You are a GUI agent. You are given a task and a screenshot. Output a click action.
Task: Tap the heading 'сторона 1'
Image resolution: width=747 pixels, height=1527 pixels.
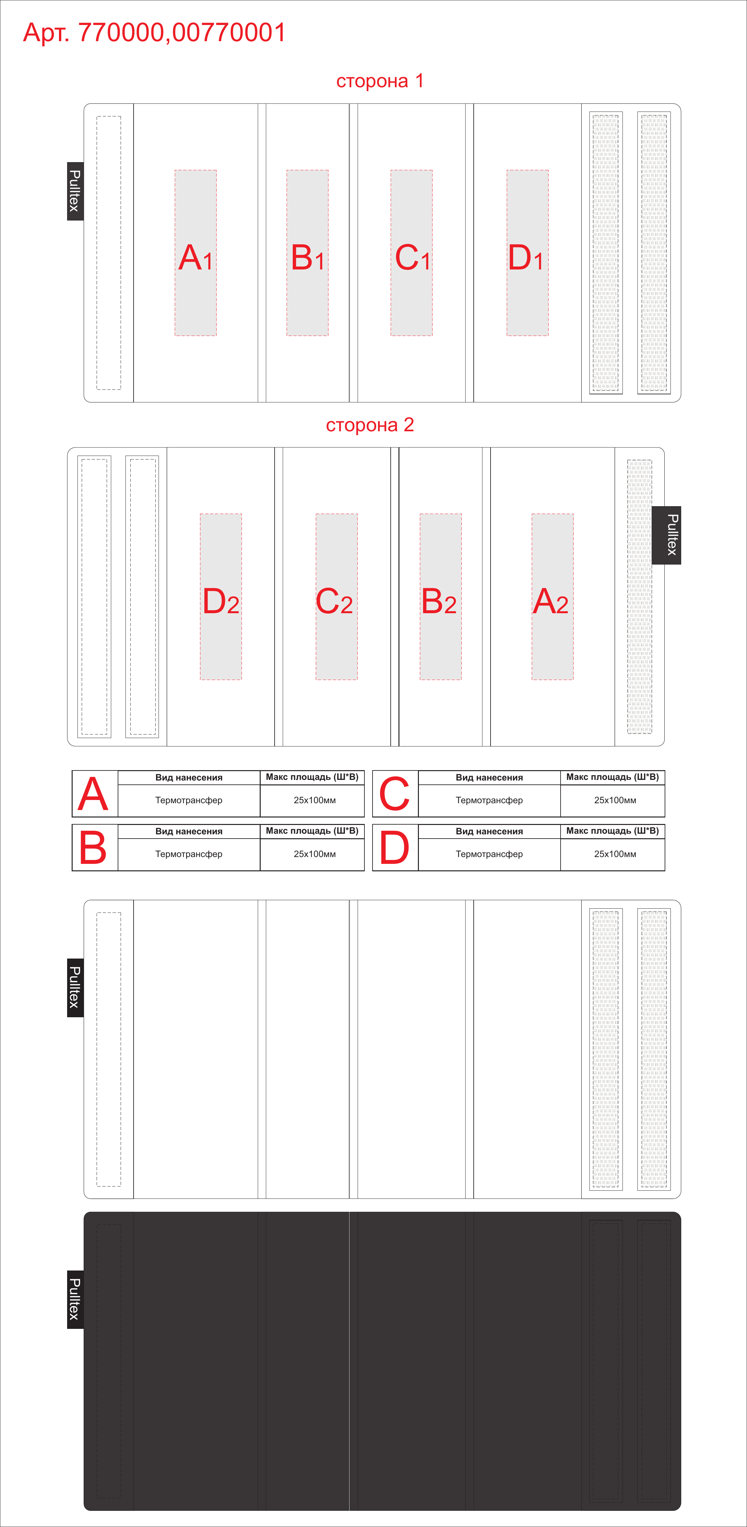pos(380,81)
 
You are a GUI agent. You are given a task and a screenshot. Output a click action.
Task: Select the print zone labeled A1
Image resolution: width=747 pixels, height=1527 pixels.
pos(196,253)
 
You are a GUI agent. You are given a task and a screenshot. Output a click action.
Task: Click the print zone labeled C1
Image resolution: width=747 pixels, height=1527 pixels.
pos(411,253)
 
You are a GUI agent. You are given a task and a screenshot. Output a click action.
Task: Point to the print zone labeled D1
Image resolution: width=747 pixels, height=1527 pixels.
pos(528,253)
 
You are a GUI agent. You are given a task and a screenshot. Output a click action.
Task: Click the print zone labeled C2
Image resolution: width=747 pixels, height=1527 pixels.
pos(337,596)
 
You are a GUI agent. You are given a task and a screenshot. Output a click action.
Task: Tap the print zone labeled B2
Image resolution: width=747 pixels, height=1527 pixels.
pos(441,596)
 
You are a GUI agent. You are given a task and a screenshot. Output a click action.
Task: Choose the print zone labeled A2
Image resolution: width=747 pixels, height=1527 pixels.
pos(552,596)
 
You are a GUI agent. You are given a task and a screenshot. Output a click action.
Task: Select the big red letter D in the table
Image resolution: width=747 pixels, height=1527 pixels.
pos(395,848)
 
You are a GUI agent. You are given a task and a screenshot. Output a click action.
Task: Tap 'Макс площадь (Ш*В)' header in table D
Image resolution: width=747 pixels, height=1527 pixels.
pos(612,830)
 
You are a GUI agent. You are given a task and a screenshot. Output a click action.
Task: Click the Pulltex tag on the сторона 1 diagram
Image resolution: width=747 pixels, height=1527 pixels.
pos(75,191)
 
